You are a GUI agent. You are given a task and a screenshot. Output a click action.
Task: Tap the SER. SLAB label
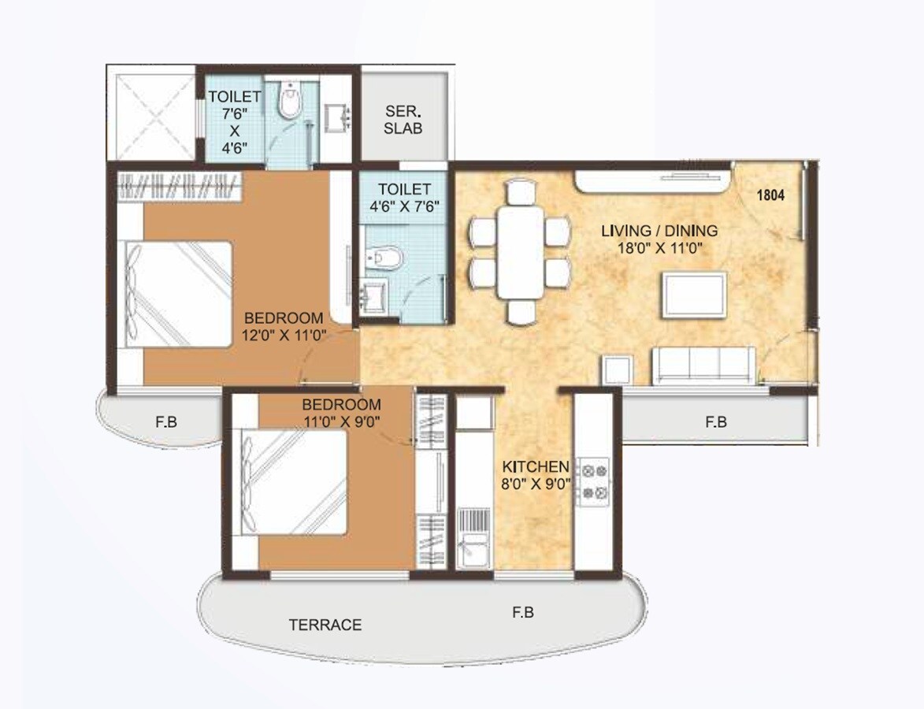tap(403, 119)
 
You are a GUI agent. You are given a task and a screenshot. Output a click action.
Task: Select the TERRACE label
tap(325, 625)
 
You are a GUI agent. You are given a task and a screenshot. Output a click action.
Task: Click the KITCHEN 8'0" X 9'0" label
tap(536, 473)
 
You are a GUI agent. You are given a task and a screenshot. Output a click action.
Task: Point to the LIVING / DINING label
tap(659, 239)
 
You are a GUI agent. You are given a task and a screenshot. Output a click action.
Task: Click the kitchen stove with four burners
tap(593, 483)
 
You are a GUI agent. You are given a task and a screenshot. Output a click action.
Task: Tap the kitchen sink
tap(474, 550)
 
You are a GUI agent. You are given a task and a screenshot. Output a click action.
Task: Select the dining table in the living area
tap(520, 251)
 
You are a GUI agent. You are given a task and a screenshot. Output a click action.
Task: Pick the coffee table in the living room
tap(693, 293)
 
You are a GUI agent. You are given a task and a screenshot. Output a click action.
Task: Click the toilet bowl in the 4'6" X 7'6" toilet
tap(385, 258)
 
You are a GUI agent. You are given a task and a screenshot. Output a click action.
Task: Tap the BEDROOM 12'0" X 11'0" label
tap(284, 326)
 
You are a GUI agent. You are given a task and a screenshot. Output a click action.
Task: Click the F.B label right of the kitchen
tap(715, 422)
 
